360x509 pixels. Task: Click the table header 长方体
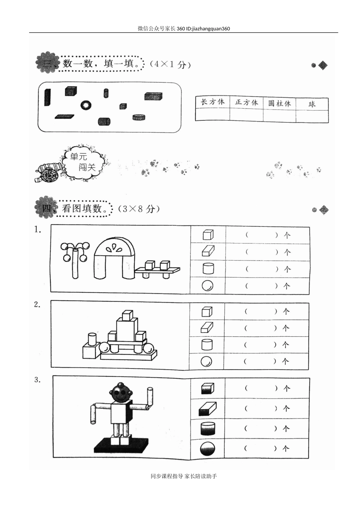pyautogui.click(x=212, y=102)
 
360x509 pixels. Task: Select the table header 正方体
pyautogui.click(x=246, y=102)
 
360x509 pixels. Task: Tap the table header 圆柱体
pyautogui.click(x=280, y=103)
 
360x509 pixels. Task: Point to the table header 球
pyautogui.click(x=312, y=104)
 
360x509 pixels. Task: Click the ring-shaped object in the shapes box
pyautogui.click(x=86, y=105)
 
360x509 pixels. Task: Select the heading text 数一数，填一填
pyautogui.click(x=101, y=63)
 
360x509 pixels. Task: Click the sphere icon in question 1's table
pyautogui.click(x=207, y=286)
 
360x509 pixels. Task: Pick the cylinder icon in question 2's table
pyautogui.click(x=207, y=345)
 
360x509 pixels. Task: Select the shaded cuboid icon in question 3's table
pyautogui.click(x=207, y=409)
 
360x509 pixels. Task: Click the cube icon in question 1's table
pyautogui.click(x=208, y=235)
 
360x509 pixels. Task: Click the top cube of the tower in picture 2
pyautogui.click(x=127, y=315)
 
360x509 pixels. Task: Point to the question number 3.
pyautogui.click(x=37, y=380)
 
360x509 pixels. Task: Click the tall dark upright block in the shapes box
pyautogui.click(x=47, y=97)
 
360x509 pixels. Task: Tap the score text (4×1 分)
pyautogui.click(x=170, y=64)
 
